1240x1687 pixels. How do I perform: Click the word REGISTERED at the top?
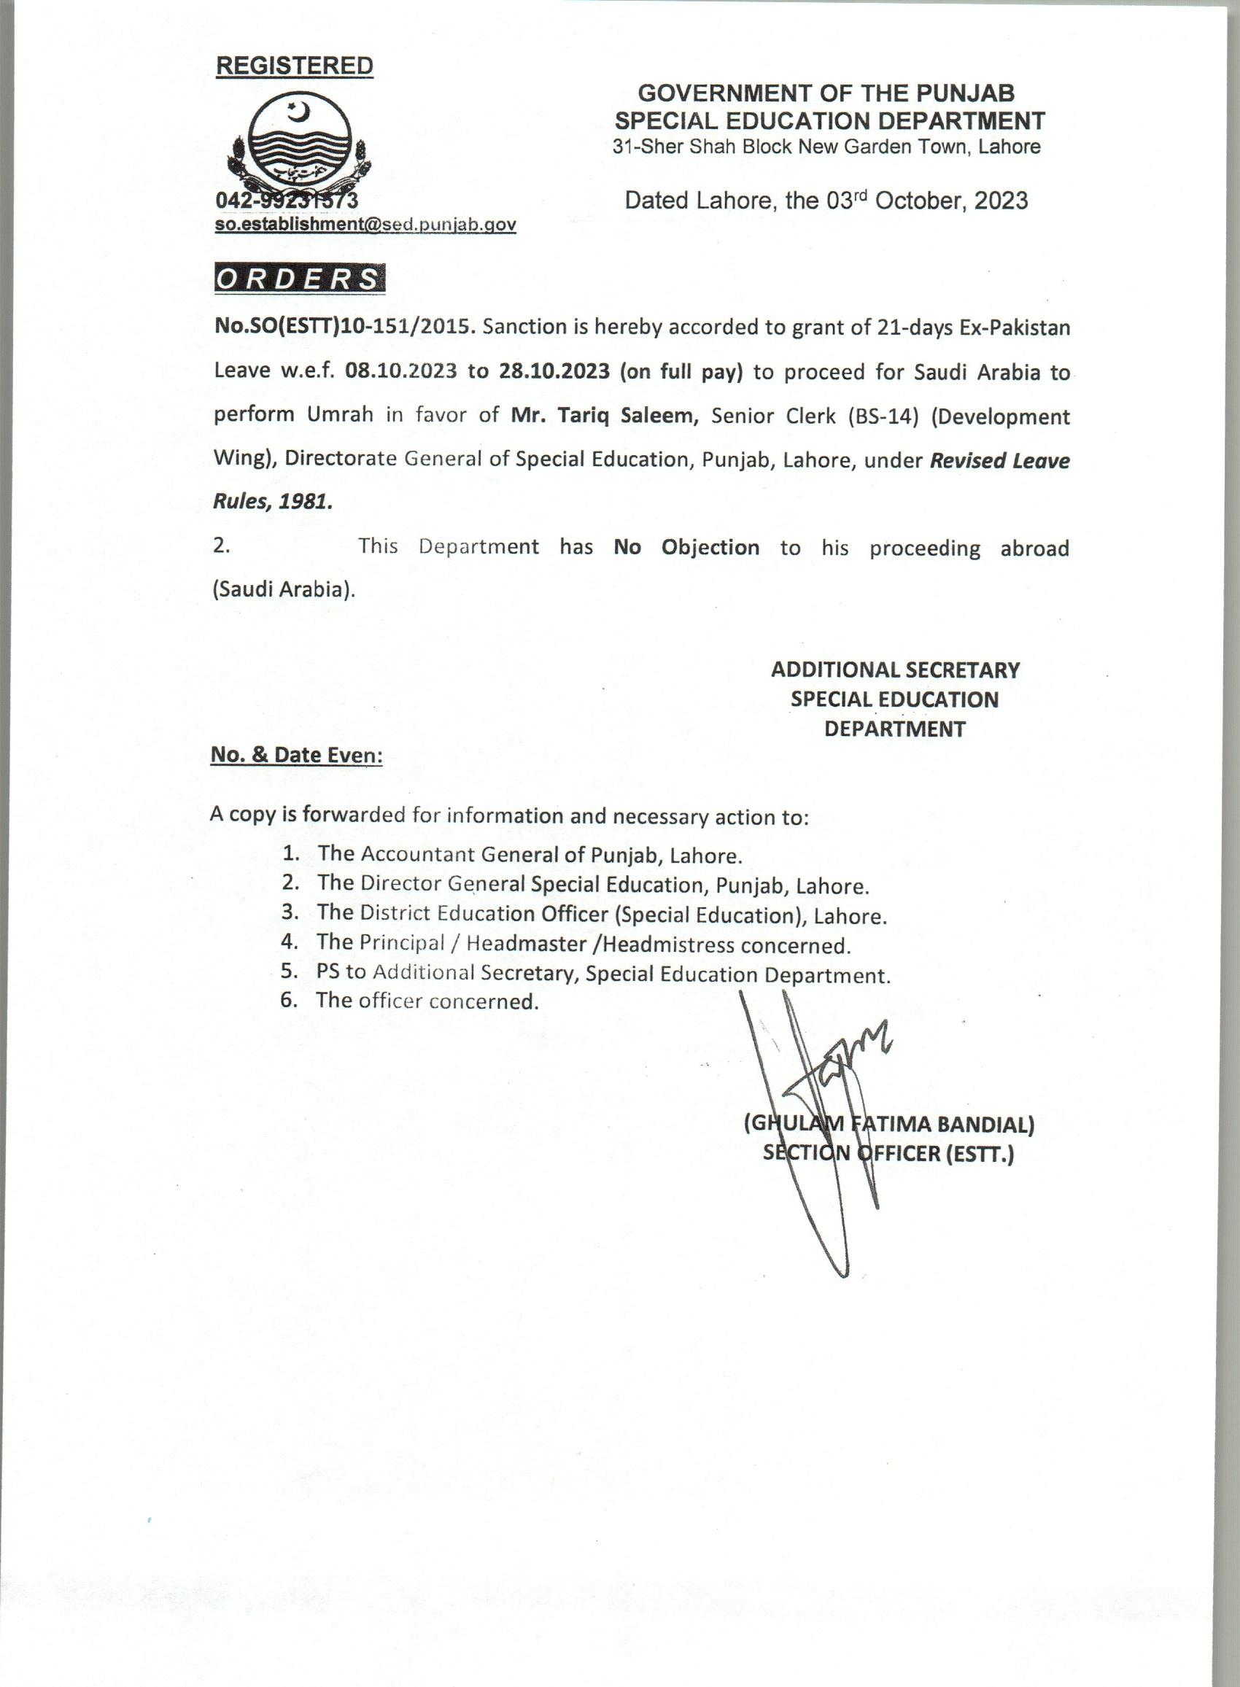click(294, 66)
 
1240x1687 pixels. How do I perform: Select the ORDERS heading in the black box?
click(300, 279)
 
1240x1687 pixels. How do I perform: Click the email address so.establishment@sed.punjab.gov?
click(365, 225)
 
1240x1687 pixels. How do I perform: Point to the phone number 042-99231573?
click(286, 201)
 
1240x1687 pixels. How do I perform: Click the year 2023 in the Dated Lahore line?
click(1001, 201)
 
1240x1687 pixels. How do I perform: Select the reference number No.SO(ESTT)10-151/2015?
click(342, 328)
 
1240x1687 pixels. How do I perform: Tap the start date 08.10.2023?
click(401, 372)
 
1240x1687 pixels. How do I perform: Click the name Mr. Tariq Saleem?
click(605, 416)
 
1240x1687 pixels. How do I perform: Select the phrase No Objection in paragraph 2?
click(686, 547)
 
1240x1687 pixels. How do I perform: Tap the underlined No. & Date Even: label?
click(296, 755)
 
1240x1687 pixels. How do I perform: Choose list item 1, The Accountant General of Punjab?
click(529, 855)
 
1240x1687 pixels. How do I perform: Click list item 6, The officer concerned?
click(427, 1001)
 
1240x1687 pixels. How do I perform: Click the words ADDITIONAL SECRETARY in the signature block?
click(896, 670)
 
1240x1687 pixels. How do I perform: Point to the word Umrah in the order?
click(340, 416)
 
